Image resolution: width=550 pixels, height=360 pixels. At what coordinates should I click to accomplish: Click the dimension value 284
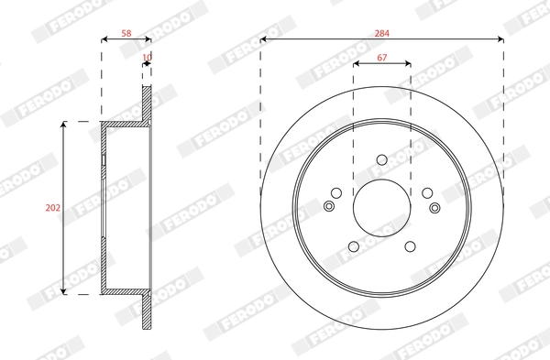(x=382, y=33)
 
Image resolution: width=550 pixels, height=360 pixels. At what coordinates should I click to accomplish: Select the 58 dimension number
(x=126, y=33)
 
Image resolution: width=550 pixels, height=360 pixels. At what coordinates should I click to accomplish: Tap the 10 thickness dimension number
(x=147, y=57)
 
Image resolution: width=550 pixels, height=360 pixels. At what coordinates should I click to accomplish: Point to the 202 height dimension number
(x=52, y=208)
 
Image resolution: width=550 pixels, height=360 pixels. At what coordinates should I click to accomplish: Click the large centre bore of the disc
(x=382, y=207)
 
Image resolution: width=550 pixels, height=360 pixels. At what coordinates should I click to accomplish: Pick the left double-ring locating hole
(x=330, y=206)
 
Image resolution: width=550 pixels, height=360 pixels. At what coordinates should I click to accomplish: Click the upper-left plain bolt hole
(x=336, y=192)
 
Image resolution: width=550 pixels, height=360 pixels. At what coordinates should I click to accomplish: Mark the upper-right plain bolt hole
(x=427, y=192)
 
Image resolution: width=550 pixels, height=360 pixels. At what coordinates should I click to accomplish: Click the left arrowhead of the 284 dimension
(x=264, y=39)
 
